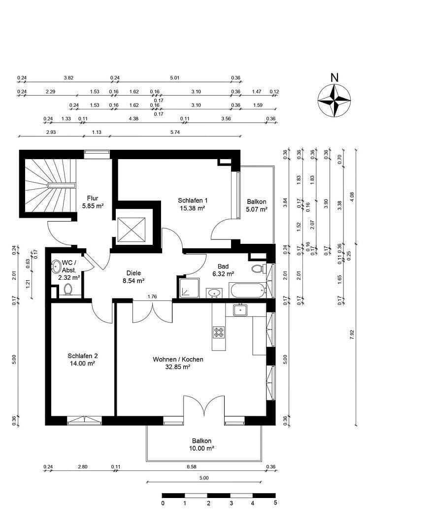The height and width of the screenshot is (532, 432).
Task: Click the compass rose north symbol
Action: (334, 100)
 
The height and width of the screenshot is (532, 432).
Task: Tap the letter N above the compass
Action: (334, 77)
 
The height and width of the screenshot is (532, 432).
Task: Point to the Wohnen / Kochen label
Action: (178, 360)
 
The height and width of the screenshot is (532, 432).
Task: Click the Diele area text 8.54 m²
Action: (133, 281)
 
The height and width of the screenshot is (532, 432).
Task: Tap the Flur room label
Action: (93, 199)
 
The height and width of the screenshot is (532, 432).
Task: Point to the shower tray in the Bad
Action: (189, 288)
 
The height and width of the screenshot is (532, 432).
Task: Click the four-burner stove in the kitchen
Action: (219, 332)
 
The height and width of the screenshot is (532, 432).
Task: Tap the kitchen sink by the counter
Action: (240, 310)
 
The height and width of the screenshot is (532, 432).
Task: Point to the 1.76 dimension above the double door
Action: (152, 297)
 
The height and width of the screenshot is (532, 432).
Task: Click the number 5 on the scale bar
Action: (275, 503)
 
